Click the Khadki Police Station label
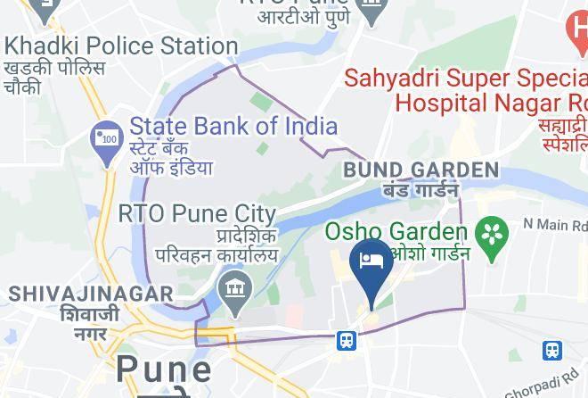pos(120,46)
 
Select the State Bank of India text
pos(233,126)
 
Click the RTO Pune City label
pos(197,214)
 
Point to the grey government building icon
pos(236,289)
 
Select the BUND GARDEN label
pos(421,170)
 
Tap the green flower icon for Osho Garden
pos(490,235)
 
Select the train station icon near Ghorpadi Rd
pos(552,351)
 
